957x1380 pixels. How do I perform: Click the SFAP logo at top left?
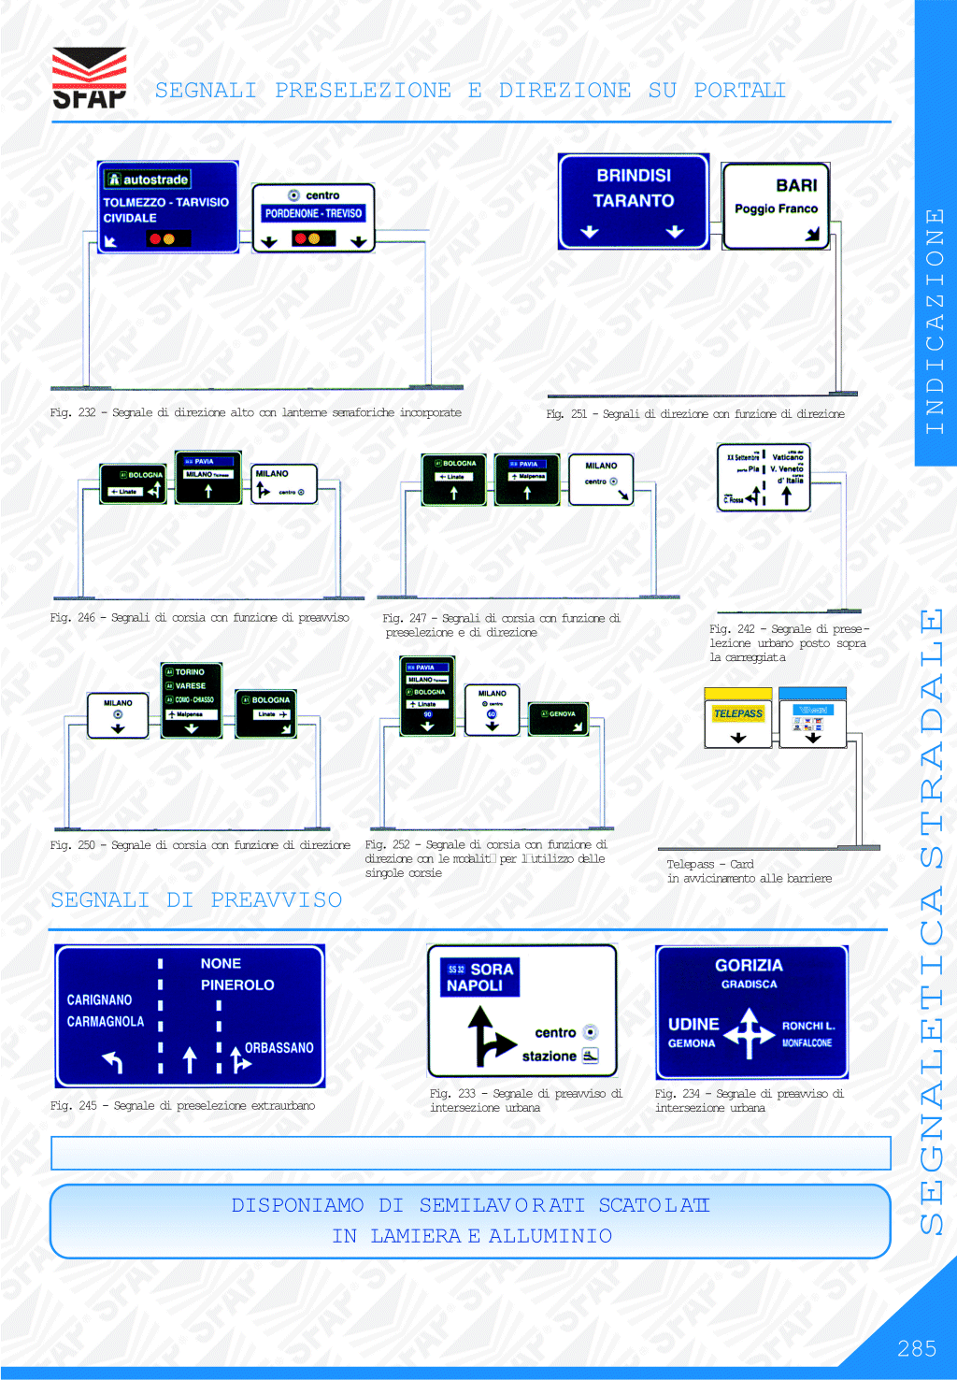89,79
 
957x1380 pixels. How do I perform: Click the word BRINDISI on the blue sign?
634,176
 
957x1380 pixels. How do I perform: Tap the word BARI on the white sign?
796,186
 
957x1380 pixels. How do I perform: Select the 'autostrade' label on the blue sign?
149,180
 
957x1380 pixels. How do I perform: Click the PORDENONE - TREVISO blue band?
313,214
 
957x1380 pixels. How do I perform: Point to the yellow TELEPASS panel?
738,714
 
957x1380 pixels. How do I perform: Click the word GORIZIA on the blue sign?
749,966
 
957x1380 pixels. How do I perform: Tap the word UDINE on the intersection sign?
693,1025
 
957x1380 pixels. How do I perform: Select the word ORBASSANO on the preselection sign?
279,1048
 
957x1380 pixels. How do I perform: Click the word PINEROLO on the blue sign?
237,985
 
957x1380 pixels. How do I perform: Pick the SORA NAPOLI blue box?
479,978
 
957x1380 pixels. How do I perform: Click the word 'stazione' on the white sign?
549,1057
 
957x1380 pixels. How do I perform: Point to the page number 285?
917,1348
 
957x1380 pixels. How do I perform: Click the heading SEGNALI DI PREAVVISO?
196,900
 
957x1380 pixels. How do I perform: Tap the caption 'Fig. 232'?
73,412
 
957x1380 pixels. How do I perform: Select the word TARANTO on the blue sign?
633,201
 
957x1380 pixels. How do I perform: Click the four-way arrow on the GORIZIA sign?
748,1033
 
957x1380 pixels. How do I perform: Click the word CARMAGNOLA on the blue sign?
106,1022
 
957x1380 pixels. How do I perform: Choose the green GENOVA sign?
559,716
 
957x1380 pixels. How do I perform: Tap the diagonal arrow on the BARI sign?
812,234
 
